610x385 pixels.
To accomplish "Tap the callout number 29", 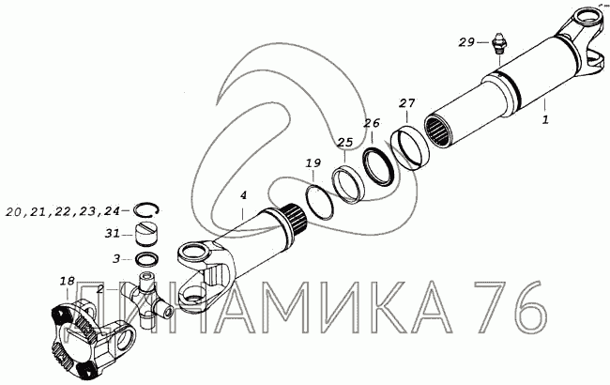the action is tap(466, 42).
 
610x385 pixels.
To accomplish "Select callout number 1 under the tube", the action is tap(545, 119).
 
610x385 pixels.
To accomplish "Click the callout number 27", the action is tap(407, 103).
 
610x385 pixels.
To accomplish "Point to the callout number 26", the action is tap(371, 123).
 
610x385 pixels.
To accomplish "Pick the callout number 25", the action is tap(344, 143).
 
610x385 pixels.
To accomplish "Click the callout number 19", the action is tap(313, 162).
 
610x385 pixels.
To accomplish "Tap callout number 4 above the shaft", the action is tap(243, 195).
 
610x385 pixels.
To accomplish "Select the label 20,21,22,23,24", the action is tap(62, 211).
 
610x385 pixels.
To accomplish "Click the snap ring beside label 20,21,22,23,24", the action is tap(145, 209).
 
